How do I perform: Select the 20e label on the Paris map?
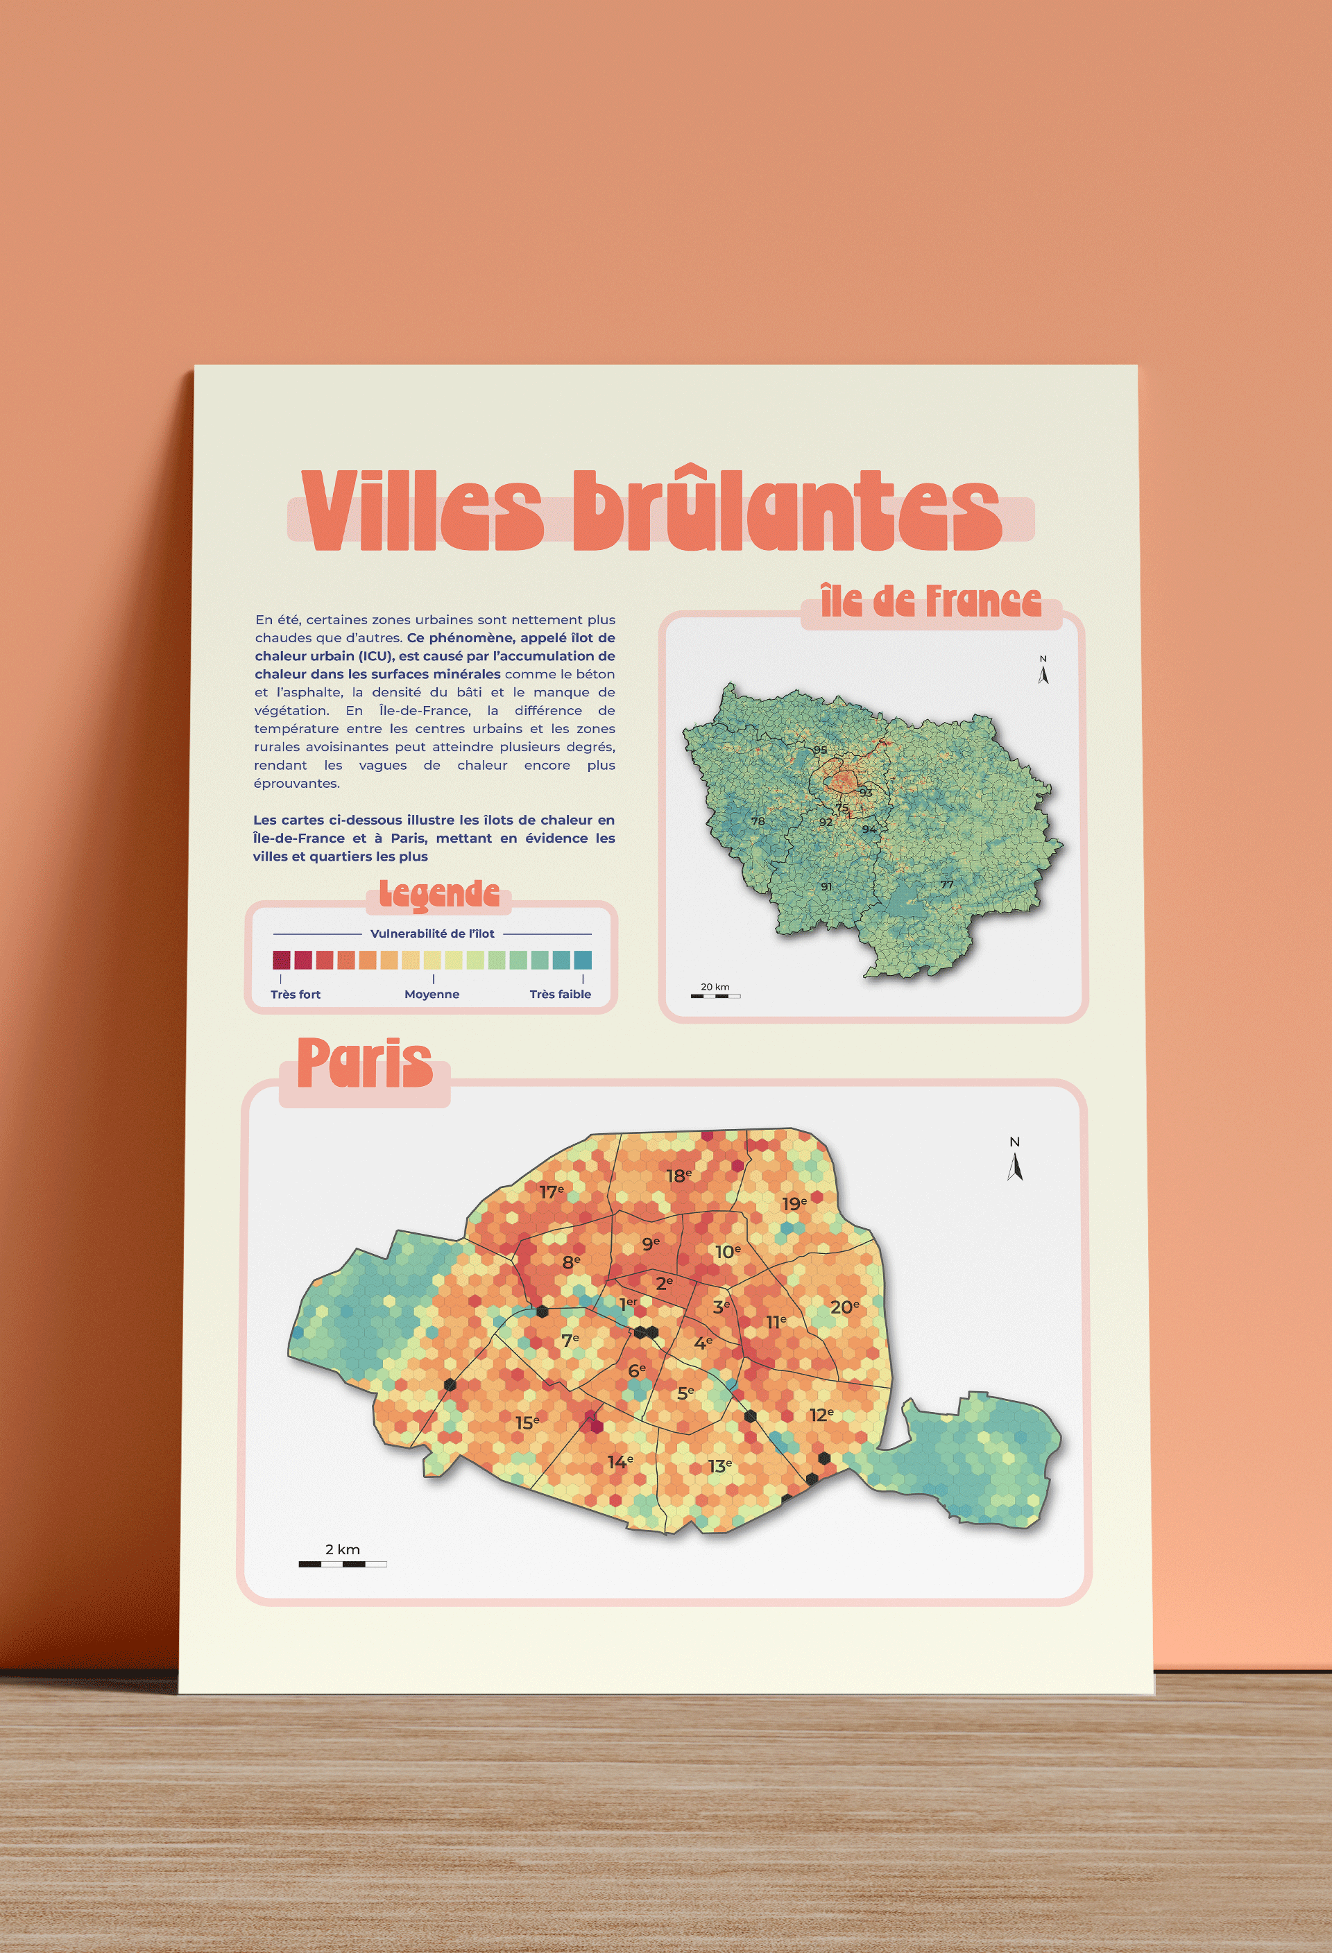pyautogui.click(x=844, y=1307)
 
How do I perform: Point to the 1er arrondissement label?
pyautogui.click(x=628, y=1303)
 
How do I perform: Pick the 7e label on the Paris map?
pyautogui.click(x=570, y=1339)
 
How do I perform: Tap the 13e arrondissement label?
pyautogui.click(x=719, y=1466)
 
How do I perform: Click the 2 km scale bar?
pyautogui.click(x=342, y=1564)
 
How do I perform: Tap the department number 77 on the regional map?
pyautogui.click(x=947, y=885)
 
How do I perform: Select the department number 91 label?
pyautogui.click(x=826, y=886)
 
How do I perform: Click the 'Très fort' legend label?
pyautogui.click(x=296, y=994)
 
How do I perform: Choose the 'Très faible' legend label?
pyautogui.click(x=560, y=994)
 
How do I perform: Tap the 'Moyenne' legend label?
pyautogui.click(x=432, y=994)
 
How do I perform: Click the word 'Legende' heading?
pyautogui.click(x=438, y=894)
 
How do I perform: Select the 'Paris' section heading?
pyautogui.click(x=365, y=1063)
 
